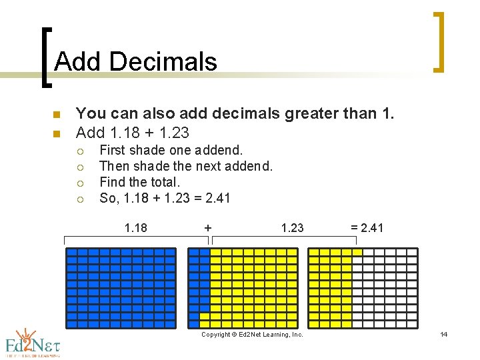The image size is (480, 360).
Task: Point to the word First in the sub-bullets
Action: coord(113,150)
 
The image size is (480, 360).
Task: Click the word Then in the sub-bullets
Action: coord(114,166)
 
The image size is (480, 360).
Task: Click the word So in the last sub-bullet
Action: coord(107,198)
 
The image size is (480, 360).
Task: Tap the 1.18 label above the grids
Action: coord(136,228)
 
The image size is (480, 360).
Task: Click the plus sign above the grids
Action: coord(208,228)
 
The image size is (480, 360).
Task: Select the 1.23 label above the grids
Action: coord(292,228)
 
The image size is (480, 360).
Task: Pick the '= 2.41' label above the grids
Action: coord(367,228)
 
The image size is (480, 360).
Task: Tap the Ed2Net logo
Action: coord(33,342)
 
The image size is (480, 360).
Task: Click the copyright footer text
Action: coord(252,335)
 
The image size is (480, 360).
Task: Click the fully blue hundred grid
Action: coord(121,288)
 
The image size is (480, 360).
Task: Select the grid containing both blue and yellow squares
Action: coord(243,288)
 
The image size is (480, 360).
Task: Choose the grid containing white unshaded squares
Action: coord(363,288)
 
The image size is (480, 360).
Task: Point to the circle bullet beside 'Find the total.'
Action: coord(81,183)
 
